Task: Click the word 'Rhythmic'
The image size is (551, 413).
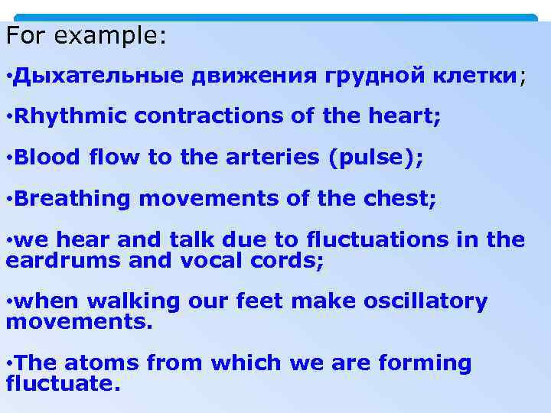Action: coord(72,117)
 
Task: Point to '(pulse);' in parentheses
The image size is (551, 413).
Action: coord(376,158)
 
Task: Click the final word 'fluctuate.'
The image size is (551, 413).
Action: coord(64,383)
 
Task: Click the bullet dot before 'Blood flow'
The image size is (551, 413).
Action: coord(8,158)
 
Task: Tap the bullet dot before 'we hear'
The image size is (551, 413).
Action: coord(8,240)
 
